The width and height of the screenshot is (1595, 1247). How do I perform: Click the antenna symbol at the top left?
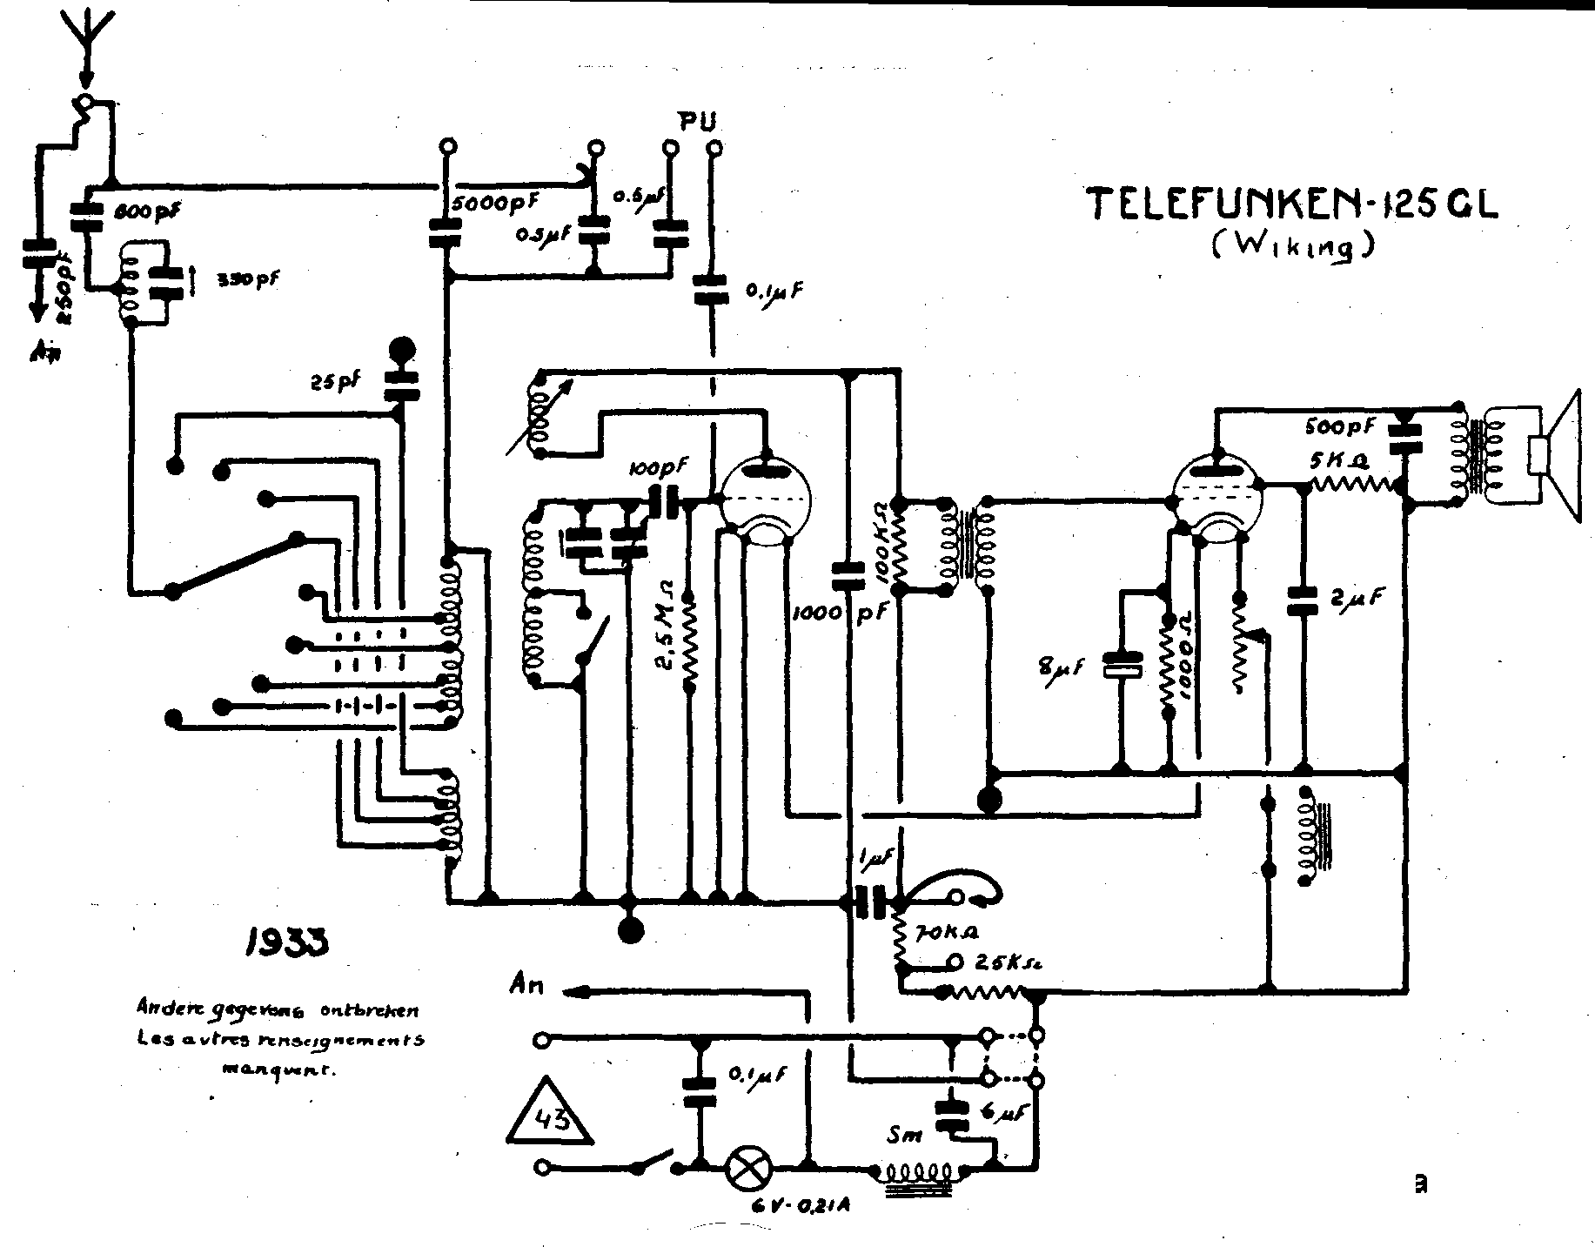click(x=85, y=44)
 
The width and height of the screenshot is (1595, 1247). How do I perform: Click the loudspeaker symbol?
click(x=1557, y=456)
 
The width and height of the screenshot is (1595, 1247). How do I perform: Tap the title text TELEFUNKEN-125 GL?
click(x=1293, y=208)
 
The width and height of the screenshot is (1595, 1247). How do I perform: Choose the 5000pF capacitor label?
click(x=494, y=203)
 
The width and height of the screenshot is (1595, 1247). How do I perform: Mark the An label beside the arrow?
click(x=526, y=985)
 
